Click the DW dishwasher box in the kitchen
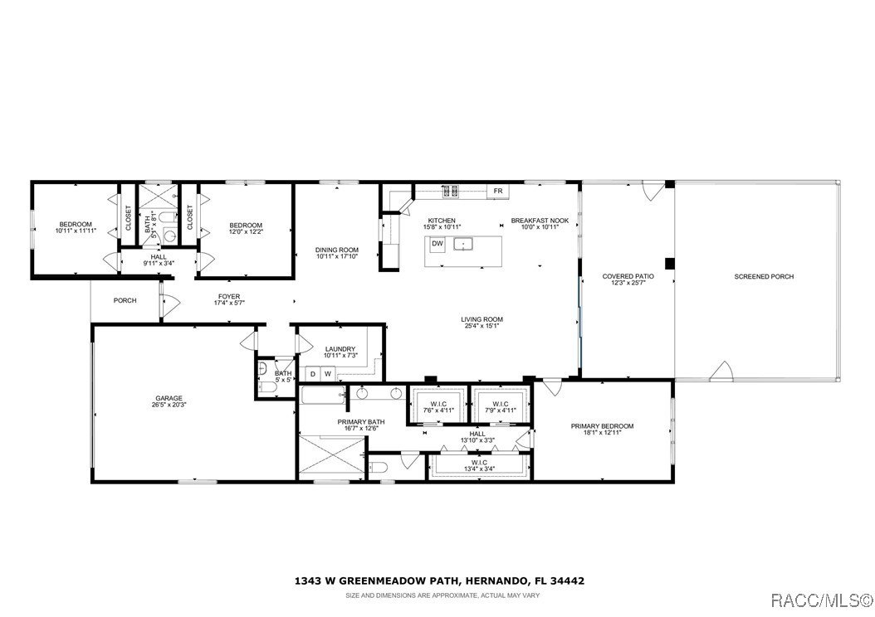pos(437,244)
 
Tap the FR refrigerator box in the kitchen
pos(498,192)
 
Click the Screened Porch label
pos(764,276)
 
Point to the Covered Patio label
pos(628,276)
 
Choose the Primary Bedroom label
pos(602,426)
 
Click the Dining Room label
pos(337,250)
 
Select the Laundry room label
pos(340,349)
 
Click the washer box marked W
pos(328,374)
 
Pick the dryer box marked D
pos(313,374)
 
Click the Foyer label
pos(229,296)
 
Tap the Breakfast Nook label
pos(534,221)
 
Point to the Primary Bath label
pos(361,422)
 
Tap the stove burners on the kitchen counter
pos(450,192)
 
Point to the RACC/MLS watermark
pos(819,599)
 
